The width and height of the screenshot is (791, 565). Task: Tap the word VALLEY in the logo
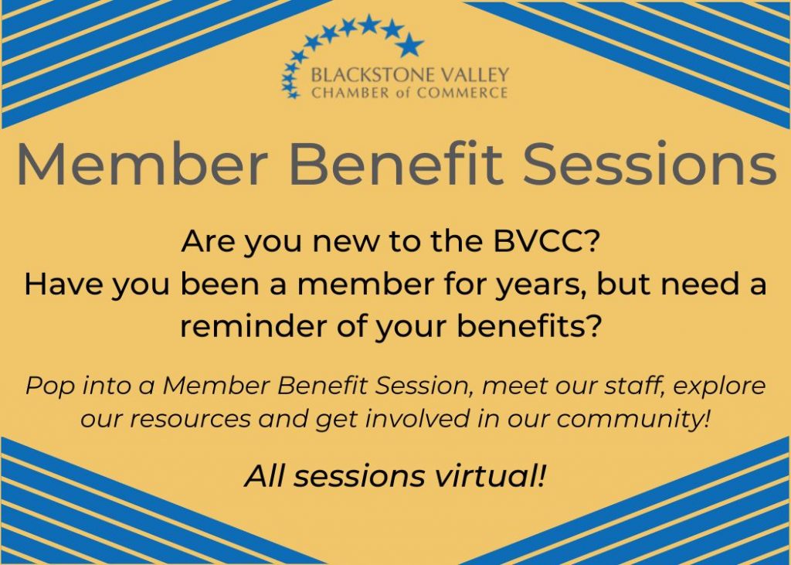click(471, 76)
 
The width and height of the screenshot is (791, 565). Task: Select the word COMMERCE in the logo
click(463, 93)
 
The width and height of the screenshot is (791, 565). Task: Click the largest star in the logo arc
click(409, 46)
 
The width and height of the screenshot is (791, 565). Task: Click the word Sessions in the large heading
click(649, 163)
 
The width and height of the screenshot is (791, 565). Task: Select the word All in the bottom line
click(265, 476)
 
